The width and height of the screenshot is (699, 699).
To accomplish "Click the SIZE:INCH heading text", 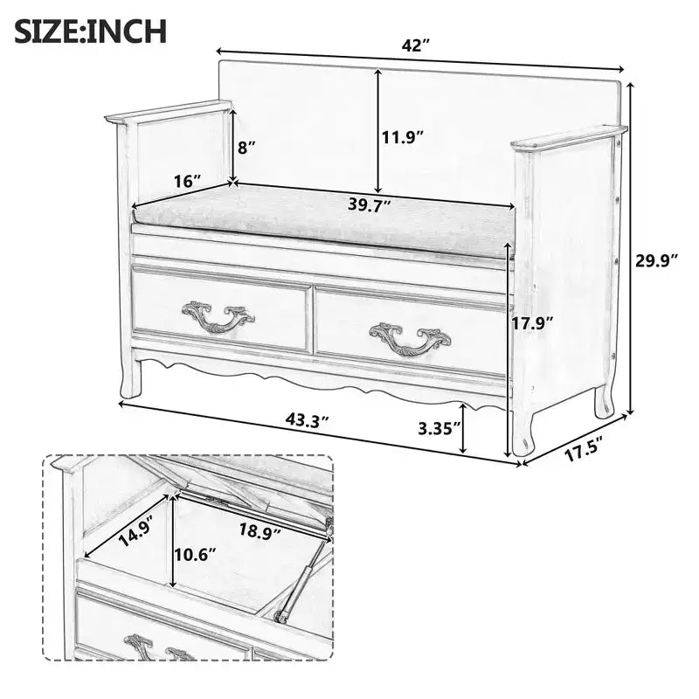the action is tap(91, 31).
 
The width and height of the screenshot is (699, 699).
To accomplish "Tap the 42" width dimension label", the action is tap(416, 45).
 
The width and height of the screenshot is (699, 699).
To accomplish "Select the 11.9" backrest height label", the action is tap(402, 137).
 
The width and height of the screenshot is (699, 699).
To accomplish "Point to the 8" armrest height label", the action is tap(247, 147).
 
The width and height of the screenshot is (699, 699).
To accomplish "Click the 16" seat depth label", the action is tap(188, 181).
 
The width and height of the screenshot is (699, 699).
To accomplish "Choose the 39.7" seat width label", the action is tap(370, 204).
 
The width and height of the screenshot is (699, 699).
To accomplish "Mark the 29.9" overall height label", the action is tap(657, 261).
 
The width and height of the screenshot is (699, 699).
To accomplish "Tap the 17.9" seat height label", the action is tap(532, 322).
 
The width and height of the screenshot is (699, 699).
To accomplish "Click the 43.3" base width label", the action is tap(308, 420).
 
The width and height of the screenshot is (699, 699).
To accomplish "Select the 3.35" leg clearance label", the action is tap(439, 428).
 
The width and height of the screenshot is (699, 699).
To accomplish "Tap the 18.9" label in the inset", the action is tap(260, 530).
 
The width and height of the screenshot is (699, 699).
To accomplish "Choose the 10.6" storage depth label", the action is tap(195, 555).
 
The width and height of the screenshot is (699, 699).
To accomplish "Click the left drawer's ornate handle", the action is tap(218, 316).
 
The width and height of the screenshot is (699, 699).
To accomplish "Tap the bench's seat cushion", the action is tap(324, 221).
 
